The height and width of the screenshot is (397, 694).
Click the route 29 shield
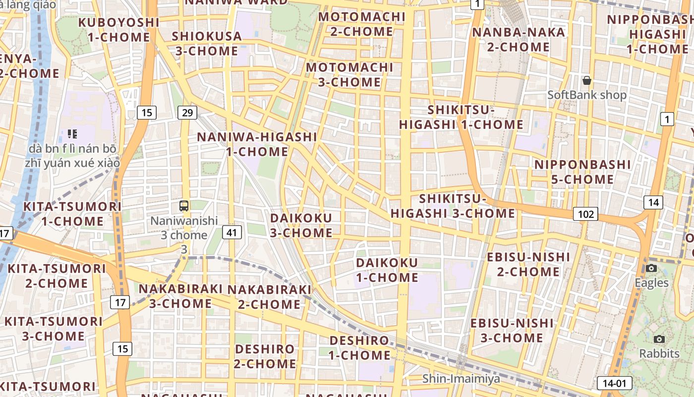[187, 113]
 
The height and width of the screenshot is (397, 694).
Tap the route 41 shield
[232, 232]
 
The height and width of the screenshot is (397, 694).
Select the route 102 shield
[585, 214]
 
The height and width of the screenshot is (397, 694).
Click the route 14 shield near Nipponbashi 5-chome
[653, 202]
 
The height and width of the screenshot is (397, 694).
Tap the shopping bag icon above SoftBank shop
[587, 80]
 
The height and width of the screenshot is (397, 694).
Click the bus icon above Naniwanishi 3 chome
[184, 205]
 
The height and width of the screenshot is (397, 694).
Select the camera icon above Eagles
[651, 268]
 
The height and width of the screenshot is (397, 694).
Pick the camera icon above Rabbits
[659, 339]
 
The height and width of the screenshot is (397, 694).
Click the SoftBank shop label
[587, 95]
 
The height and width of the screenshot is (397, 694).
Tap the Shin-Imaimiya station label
[461, 379]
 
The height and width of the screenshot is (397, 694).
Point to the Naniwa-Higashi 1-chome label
[257, 144]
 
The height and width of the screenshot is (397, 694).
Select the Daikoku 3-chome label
[301, 225]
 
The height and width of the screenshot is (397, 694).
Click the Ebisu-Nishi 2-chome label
[528, 264]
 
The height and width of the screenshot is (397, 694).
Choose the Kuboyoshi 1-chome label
[119, 30]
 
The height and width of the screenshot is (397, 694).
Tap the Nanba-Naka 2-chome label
[518, 40]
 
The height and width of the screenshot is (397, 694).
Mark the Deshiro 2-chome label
[265, 356]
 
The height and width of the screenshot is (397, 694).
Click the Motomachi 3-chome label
[349, 74]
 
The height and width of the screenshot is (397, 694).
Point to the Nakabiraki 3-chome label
[181, 296]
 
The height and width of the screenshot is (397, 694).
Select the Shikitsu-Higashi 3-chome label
[453, 206]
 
